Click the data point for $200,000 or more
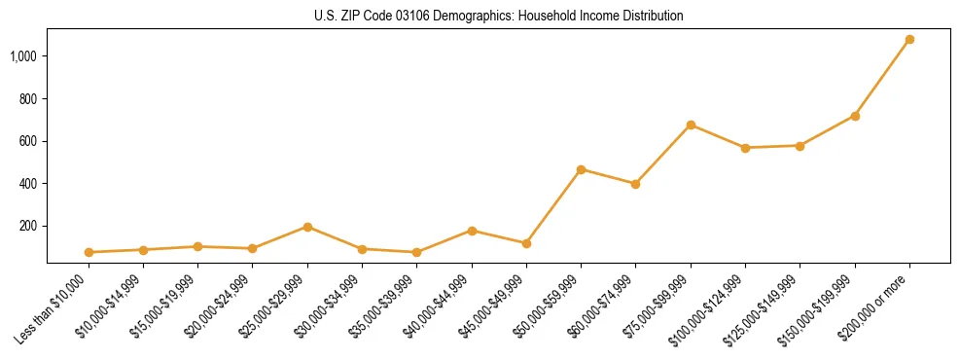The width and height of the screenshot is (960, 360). (x=909, y=40)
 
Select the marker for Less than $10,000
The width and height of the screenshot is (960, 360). (x=89, y=252)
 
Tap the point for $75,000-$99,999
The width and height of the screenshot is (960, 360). (x=691, y=125)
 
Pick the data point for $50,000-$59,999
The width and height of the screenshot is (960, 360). (x=581, y=169)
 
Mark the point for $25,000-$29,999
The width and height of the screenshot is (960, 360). (x=307, y=227)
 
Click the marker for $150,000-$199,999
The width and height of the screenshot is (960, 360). (x=855, y=116)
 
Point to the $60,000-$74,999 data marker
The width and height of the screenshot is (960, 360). (x=635, y=184)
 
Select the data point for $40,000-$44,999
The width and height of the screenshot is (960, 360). (x=472, y=231)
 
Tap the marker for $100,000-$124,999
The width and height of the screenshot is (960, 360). (x=745, y=148)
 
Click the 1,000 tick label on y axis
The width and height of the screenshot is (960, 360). (x=23, y=56)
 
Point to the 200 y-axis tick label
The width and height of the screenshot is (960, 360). (x=28, y=226)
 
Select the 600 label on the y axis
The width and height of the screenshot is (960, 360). (x=28, y=141)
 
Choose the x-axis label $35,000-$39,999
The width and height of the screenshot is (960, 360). (x=386, y=306)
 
